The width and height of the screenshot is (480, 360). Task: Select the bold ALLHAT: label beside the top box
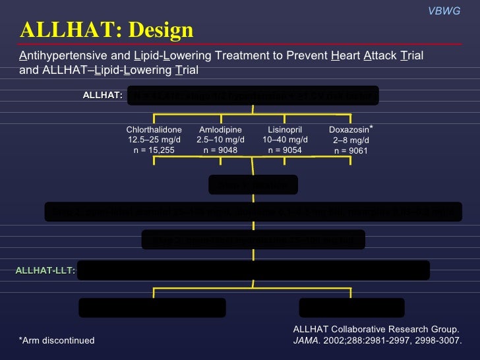(x=102, y=96)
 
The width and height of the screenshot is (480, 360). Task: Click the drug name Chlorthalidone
(x=154, y=130)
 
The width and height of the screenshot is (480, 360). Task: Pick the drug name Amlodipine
(x=220, y=130)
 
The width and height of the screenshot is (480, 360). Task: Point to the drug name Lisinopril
(x=285, y=130)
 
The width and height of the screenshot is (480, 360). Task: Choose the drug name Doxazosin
(x=348, y=130)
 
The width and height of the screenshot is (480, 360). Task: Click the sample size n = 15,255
(x=154, y=150)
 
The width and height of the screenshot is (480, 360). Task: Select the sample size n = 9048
(x=220, y=150)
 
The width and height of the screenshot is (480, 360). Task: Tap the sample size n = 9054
(x=285, y=150)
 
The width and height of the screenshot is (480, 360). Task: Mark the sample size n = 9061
(x=351, y=151)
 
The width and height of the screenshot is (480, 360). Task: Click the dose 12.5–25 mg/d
(x=154, y=140)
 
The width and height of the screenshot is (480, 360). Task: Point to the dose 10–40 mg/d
(x=285, y=140)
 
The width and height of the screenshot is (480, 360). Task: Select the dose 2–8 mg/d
(x=351, y=141)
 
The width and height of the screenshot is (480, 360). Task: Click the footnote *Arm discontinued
(x=57, y=340)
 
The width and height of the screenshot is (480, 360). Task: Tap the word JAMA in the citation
(x=305, y=340)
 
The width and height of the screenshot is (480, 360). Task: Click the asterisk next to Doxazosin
(x=371, y=127)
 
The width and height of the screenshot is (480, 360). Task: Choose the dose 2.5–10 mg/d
(x=220, y=140)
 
